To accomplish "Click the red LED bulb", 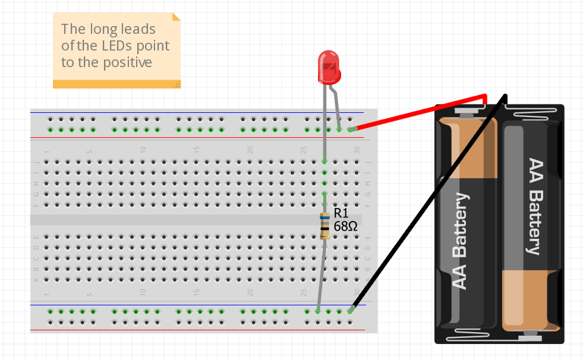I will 329,66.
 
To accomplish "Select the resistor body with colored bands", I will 324,226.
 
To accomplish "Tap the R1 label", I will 341,213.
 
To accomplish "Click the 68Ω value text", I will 345,226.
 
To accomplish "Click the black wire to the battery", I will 428,202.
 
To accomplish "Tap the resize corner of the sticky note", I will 177,84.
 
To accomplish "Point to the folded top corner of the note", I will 176,17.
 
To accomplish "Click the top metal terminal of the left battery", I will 467,110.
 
